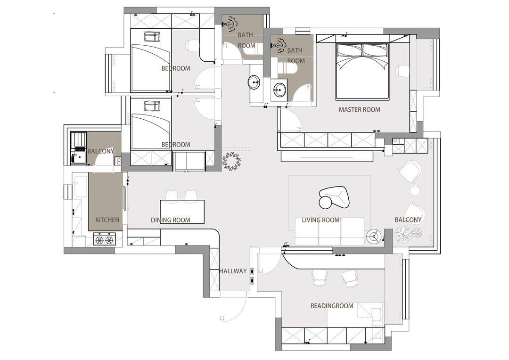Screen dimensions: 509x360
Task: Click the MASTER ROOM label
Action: coord(359,110)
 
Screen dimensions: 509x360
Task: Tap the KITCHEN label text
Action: coord(107,220)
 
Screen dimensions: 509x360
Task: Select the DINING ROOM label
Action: coord(171,220)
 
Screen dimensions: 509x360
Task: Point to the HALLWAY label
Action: coord(233,271)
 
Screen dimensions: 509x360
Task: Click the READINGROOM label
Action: coord(332,306)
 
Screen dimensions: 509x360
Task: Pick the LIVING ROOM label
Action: coord(321,220)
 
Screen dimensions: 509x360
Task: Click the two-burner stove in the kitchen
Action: coord(105,239)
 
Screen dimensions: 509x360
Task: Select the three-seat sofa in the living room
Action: coord(329,231)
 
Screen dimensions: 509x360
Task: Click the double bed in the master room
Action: coord(362,71)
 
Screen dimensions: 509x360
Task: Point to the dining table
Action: coord(182,212)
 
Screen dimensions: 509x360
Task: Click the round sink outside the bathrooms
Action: coord(254,82)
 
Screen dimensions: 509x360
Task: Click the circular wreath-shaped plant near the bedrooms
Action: coord(232,161)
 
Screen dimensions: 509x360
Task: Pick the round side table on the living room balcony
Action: coord(415,190)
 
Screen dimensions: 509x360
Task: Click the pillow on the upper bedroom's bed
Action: coord(152,36)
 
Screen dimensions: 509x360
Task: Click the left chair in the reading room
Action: coord(319,278)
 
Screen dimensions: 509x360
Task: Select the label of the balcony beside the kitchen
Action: coord(101,151)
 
